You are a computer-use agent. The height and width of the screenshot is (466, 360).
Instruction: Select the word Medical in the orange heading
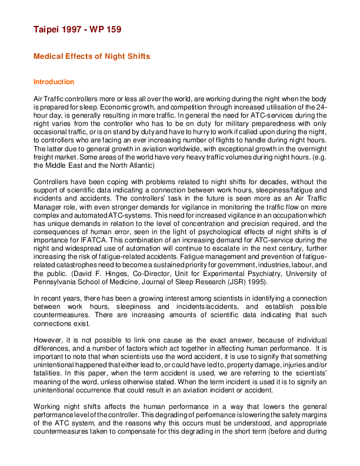click(x=48, y=56)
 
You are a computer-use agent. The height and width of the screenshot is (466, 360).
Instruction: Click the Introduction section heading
click(x=54, y=82)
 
